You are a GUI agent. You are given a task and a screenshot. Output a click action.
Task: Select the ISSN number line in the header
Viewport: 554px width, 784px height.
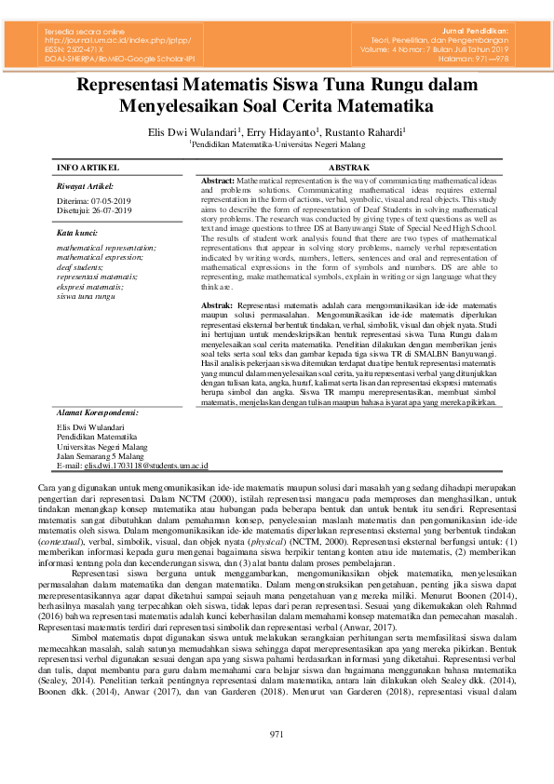pos(78,49)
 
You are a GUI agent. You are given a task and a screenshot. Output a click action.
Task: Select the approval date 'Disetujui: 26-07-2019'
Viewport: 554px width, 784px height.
pos(94,210)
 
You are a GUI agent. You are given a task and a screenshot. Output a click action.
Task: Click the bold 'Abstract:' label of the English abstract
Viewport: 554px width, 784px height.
pos(218,177)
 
